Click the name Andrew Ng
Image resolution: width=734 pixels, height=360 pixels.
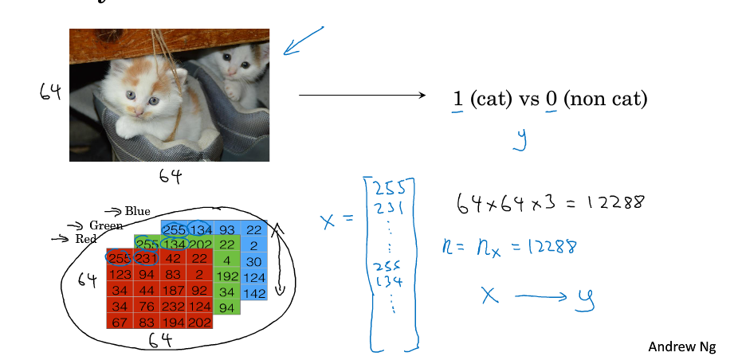[x=681, y=346]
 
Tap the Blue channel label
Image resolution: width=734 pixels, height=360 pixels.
[x=136, y=211]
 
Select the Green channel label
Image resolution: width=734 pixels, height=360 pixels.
[x=106, y=225]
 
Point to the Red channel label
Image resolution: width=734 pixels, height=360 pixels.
[x=85, y=238]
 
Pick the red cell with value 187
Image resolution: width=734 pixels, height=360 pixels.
[x=175, y=290]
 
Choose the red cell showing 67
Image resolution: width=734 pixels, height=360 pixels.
[x=120, y=322]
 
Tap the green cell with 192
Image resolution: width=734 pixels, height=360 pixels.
[x=227, y=275]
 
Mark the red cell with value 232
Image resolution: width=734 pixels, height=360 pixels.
[x=175, y=306]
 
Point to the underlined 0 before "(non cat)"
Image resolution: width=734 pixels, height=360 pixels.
[x=551, y=100]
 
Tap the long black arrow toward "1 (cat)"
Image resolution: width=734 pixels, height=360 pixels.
[x=363, y=96]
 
